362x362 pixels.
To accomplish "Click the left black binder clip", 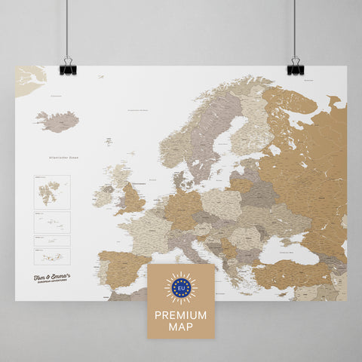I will coord(68,67).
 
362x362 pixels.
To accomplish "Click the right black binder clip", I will coord(296,67).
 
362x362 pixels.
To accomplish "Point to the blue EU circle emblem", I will coord(180,287).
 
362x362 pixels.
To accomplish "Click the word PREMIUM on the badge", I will coord(180,313).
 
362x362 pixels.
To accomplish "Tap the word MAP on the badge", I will coord(180,325).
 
